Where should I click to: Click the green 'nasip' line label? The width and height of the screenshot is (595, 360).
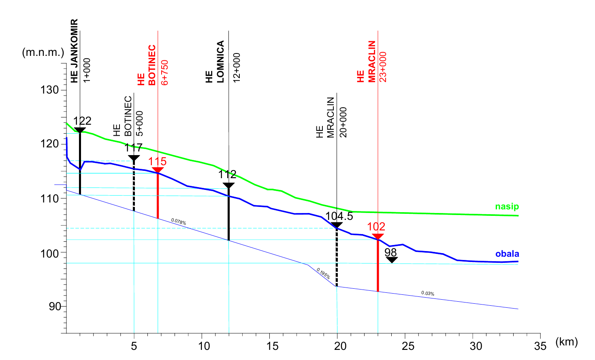pyautogui.click(x=507, y=207)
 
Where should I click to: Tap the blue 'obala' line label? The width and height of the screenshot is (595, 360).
pyautogui.click(x=507, y=254)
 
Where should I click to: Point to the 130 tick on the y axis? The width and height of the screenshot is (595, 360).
pyautogui.click(x=49, y=90)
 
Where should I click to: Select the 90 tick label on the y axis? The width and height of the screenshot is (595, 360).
pyautogui.click(x=55, y=307)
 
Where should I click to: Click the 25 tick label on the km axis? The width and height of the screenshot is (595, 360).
pyautogui.click(x=408, y=346)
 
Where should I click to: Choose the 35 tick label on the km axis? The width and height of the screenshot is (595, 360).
pyautogui.click(x=540, y=346)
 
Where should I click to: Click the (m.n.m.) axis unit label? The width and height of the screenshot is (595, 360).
pyautogui.click(x=43, y=52)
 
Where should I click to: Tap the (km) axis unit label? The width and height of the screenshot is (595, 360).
pyautogui.click(x=566, y=342)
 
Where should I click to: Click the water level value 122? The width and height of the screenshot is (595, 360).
pyautogui.click(x=82, y=121)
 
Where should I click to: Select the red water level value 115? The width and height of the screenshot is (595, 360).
pyautogui.click(x=157, y=161)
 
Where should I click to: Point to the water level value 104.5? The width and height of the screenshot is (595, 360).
pyautogui.click(x=339, y=216)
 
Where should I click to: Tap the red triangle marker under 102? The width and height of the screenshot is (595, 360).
pyautogui.click(x=377, y=237)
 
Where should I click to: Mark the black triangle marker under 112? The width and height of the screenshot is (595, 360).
pyautogui.click(x=228, y=186)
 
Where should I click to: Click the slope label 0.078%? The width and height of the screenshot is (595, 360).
pyautogui.click(x=179, y=222)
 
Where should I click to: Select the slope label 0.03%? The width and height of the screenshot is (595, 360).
pyautogui.click(x=428, y=293)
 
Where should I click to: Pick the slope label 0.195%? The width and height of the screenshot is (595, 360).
pyautogui.click(x=323, y=273)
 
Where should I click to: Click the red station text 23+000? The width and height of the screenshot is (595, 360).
pyautogui.click(x=383, y=67)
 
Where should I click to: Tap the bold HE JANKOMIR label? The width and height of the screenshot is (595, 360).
pyautogui.click(x=74, y=51)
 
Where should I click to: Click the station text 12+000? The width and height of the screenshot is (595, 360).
pyautogui.click(x=237, y=68)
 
